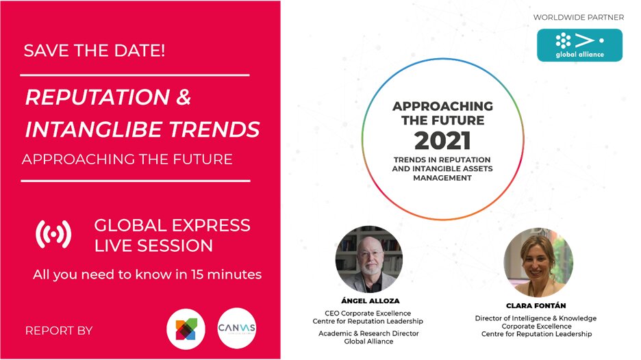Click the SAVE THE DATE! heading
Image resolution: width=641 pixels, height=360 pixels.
click(95, 51)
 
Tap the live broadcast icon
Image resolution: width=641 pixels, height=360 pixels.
click(53, 234)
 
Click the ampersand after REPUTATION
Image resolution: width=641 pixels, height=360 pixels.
click(184, 97)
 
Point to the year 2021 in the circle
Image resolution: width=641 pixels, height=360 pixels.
click(442, 141)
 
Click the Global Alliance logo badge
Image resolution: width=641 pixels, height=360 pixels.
click(579, 45)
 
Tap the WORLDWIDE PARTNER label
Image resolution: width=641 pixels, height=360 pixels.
click(579, 18)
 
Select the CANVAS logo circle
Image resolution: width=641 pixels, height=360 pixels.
click(237, 328)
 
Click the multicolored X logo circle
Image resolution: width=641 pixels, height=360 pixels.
click(186, 329)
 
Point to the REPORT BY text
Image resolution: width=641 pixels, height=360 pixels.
click(59, 331)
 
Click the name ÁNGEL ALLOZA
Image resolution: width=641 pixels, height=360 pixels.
click(370, 300)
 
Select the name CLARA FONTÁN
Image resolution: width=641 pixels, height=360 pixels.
click(536, 306)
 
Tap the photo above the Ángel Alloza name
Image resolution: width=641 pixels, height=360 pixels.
click(369, 259)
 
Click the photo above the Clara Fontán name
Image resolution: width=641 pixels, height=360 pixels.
click(538, 262)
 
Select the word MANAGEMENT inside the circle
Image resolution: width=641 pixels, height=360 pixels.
click(442, 178)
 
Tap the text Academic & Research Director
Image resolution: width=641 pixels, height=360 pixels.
click(368, 333)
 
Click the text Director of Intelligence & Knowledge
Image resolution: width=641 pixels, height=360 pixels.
click(536, 318)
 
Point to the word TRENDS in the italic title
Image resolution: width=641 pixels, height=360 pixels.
click(214, 129)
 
